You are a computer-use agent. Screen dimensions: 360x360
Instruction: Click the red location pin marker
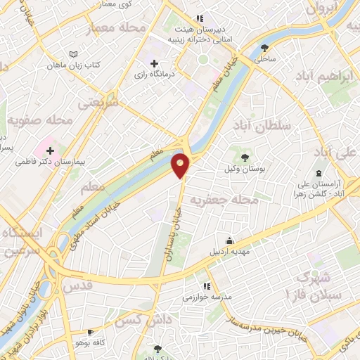click(x=181, y=165)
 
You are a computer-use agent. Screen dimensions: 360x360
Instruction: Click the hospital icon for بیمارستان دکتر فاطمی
click(x=50, y=149)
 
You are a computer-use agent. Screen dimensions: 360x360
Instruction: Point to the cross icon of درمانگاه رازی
click(x=154, y=63)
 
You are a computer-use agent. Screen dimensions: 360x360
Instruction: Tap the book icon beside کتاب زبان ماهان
click(x=74, y=53)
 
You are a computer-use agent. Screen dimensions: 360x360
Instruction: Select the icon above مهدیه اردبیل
click(x=227, y=239)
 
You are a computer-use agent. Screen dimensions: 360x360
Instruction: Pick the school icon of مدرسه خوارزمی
click(x=206, y=285)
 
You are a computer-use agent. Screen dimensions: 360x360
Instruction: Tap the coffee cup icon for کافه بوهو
click(x=90, y=332)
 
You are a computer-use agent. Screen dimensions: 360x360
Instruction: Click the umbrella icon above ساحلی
click(x=264, y=48)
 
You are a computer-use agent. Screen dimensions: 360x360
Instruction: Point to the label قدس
click(x=78, y=286)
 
